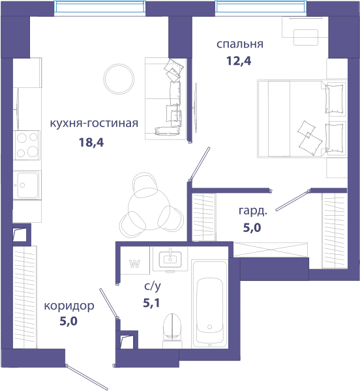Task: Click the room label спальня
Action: point(240,44)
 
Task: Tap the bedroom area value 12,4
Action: point(239,61)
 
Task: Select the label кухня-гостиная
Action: point(94,123)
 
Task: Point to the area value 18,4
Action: point(91,142)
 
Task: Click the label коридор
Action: point(69,306)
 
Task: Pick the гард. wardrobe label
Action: point(253,211)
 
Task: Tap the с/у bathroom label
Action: point(153,286)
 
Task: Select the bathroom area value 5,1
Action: point(151,303)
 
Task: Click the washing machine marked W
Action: point(135,261)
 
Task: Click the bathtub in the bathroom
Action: point(209,304)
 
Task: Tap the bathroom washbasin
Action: point(170,259)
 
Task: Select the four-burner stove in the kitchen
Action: point(27,145)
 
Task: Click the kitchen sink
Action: point(27,184)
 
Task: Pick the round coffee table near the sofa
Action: point(119,79)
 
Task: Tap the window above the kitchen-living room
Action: point(100,7)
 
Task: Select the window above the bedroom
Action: point(261,7)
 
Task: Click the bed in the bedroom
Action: point(302,119)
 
